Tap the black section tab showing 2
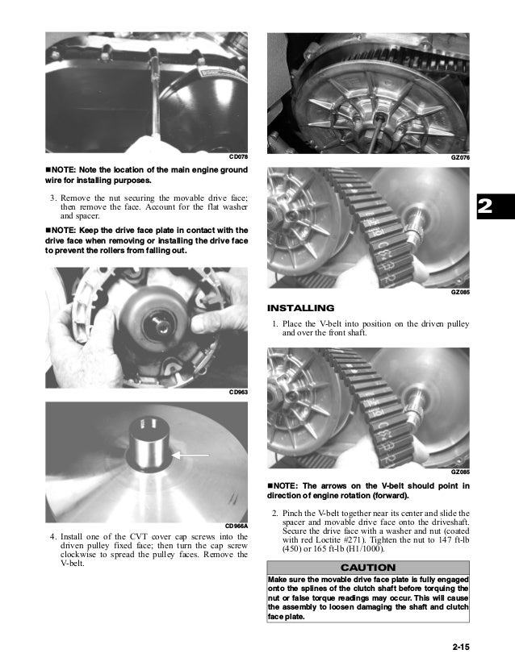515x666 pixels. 484,207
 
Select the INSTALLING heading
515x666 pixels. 300,308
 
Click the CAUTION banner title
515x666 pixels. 367,568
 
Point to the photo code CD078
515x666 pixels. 238,156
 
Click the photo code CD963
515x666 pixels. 238,392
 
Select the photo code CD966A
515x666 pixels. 236,527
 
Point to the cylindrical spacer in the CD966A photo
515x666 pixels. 150,443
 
